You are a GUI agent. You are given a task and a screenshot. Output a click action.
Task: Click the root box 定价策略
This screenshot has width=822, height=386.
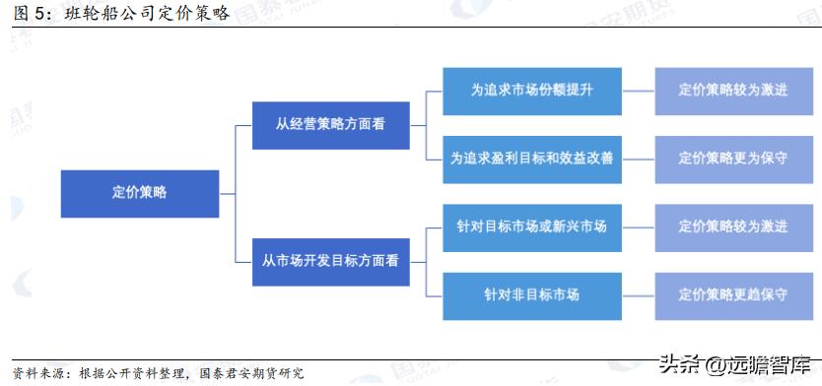point(139,193)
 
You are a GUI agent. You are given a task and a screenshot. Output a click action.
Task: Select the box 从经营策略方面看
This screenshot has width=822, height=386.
point(330,124)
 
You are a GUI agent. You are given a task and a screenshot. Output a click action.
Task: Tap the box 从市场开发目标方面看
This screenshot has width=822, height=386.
point(330,261)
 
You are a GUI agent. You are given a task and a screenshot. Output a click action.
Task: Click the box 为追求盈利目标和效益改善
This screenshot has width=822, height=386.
point(532,158)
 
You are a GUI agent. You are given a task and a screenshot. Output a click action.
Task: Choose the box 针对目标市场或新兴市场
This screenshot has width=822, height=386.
point(532,226)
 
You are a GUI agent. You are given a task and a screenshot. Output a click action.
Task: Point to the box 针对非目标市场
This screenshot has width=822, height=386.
point(532,294)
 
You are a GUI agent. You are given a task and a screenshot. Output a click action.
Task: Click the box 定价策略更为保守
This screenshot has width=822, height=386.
point(733,158)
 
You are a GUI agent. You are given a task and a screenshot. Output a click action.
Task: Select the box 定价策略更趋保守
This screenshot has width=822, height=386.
point(733,294)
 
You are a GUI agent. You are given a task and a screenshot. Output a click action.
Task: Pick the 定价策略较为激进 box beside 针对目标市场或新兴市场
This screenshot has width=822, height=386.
point(733,226)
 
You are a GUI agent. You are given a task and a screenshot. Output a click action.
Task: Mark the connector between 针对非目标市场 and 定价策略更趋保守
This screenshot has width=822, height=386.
point(639,294)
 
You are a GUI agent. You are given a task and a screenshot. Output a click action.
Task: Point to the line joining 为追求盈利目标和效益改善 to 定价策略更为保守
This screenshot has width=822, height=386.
point(639,158)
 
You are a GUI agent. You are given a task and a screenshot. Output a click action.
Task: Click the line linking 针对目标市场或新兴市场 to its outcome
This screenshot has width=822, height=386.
point(639,226)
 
